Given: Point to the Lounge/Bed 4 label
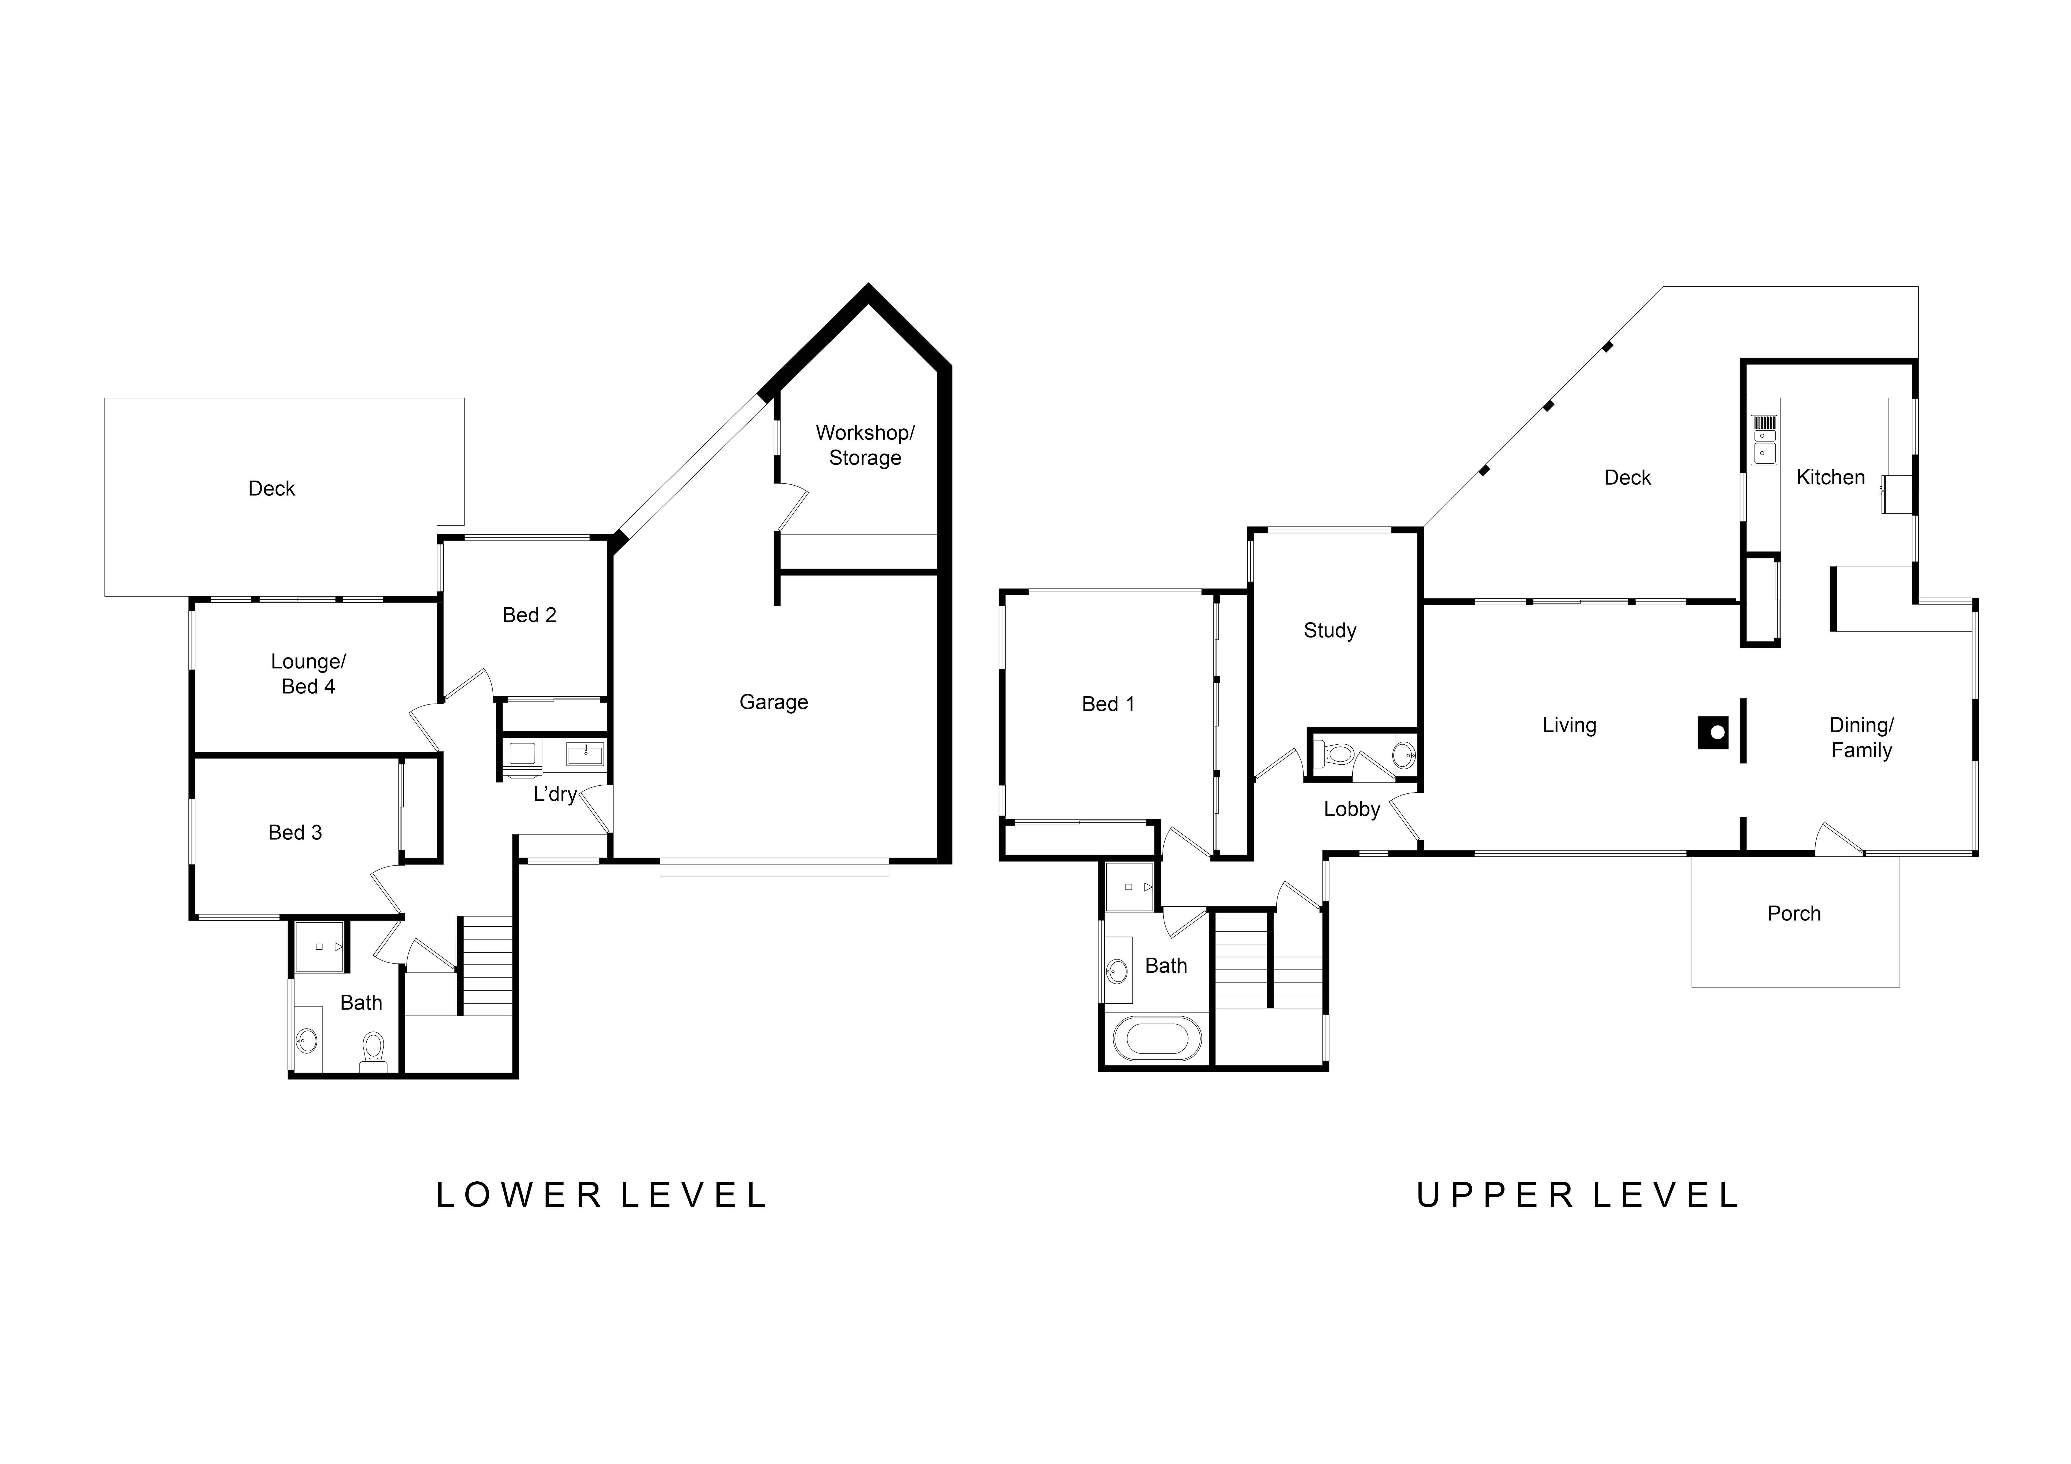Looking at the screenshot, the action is tap(308, 674).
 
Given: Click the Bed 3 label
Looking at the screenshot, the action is tap(295, 833).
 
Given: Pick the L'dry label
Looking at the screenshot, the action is tap(555, 794).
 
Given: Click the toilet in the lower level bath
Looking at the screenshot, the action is tap(373, 1053).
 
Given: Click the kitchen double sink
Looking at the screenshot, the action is tap(1764, 440).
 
